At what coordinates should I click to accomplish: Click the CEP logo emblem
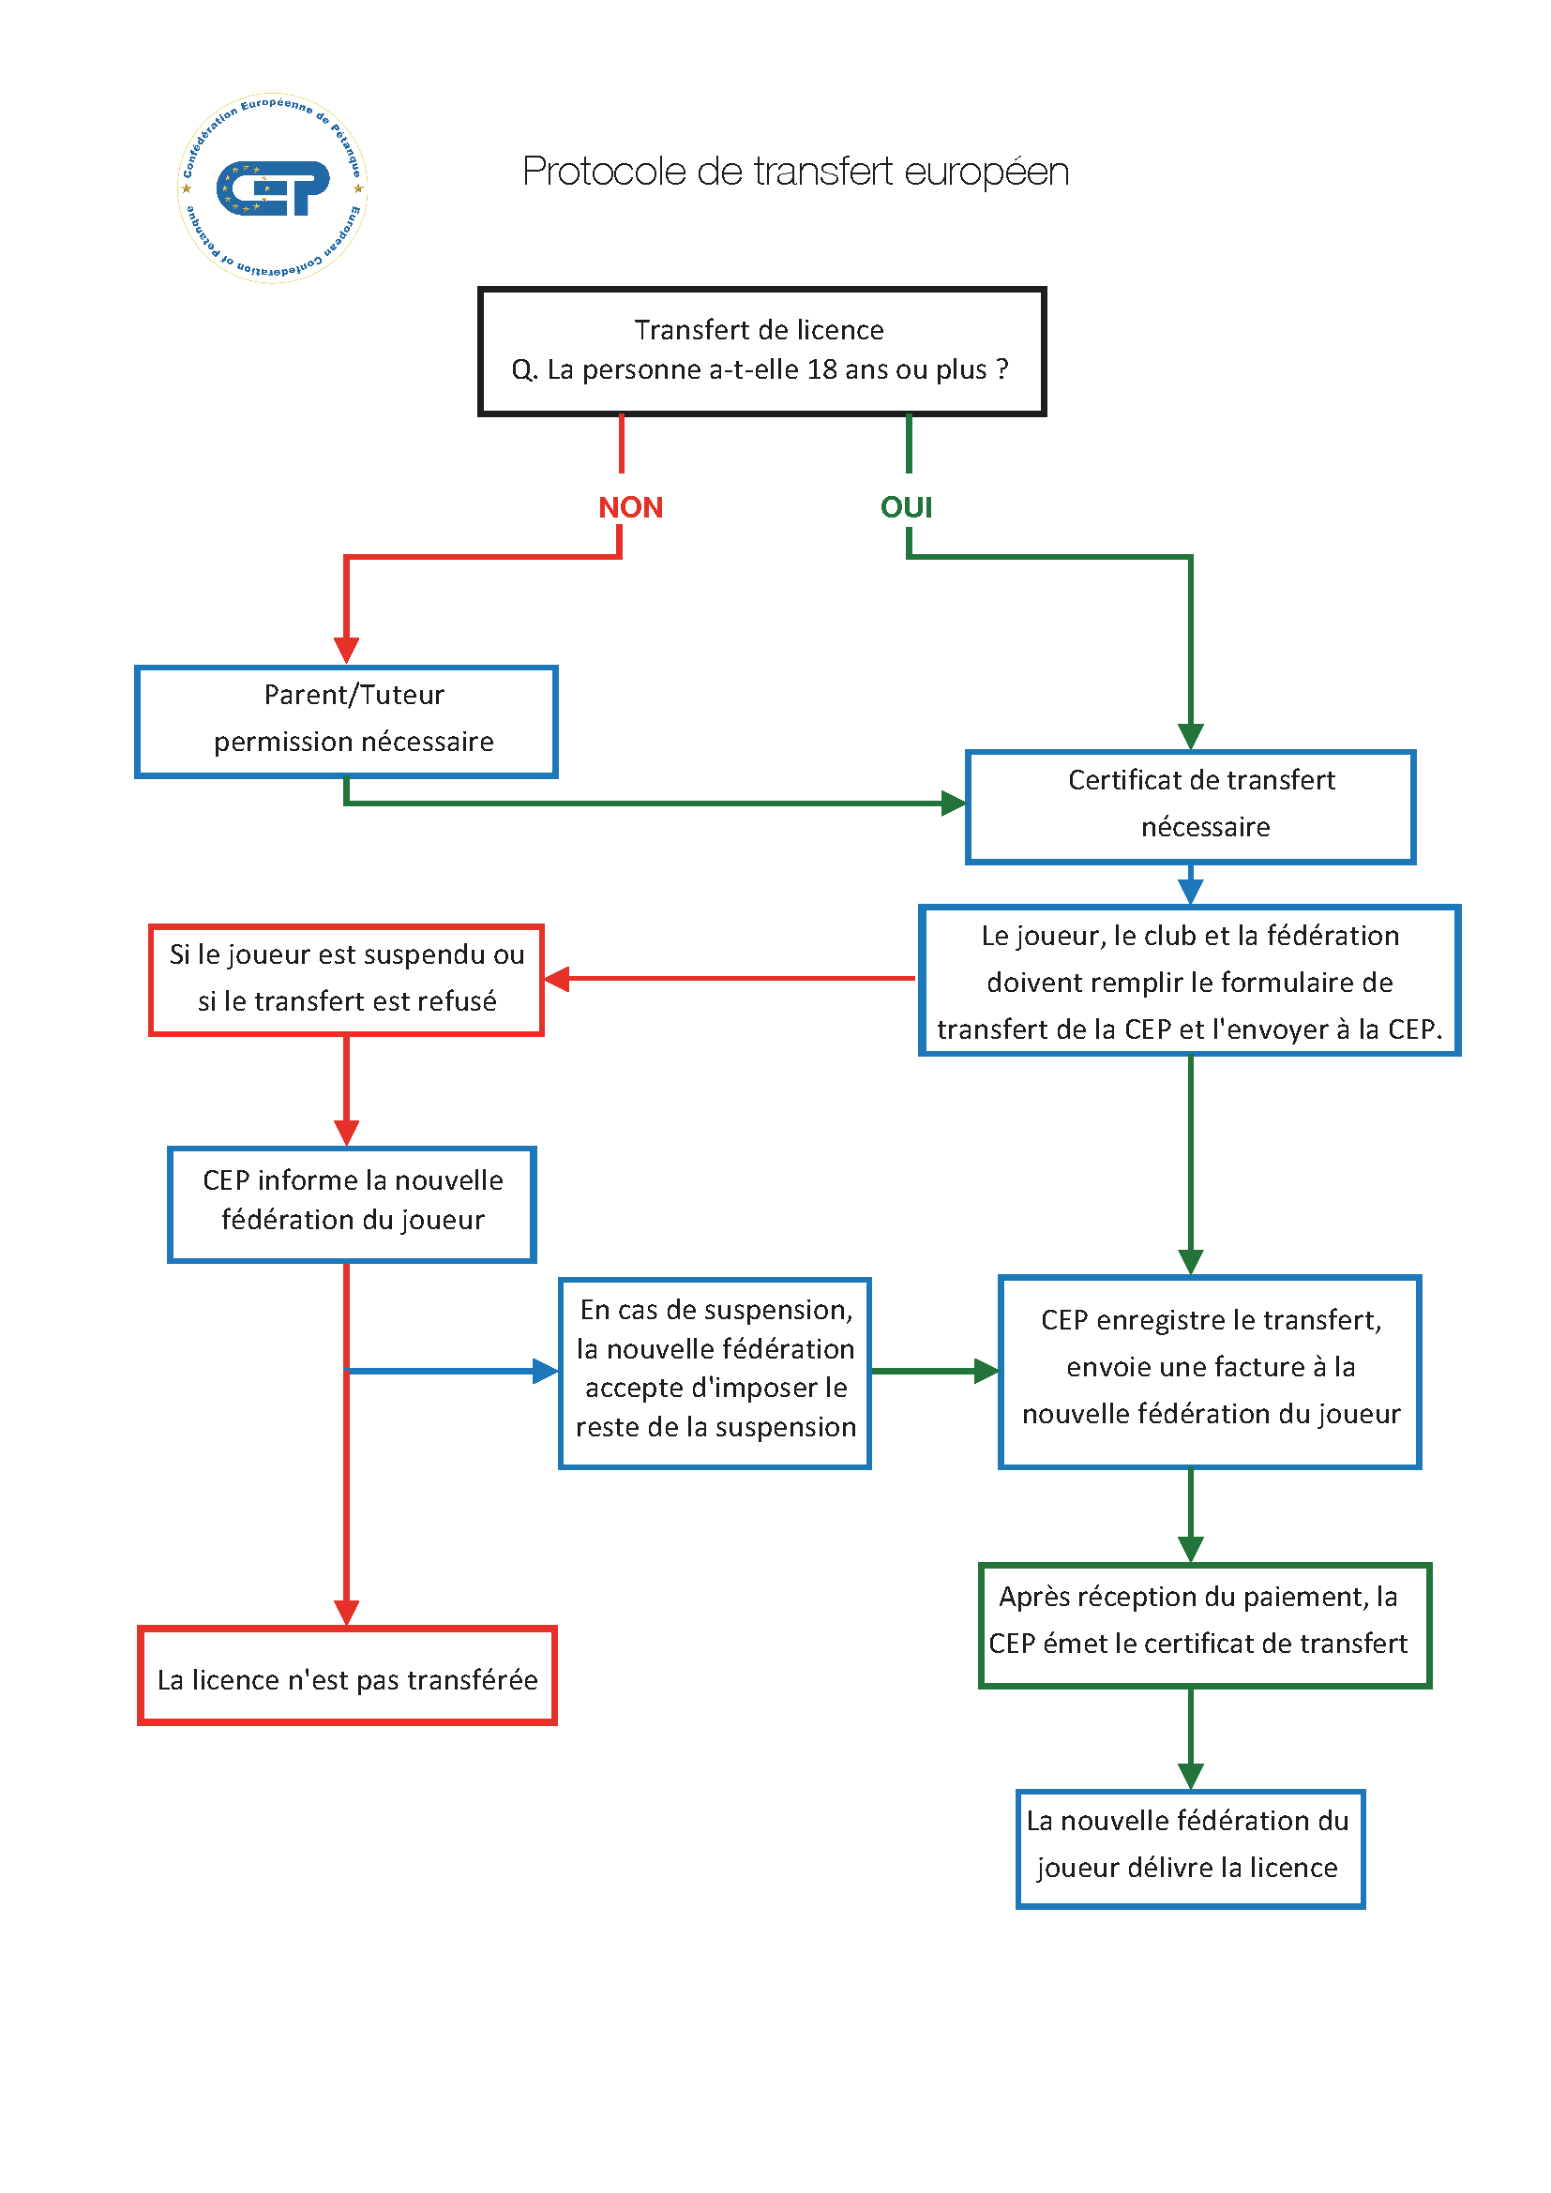273,188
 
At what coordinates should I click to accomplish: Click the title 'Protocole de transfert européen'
795,172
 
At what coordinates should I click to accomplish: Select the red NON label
630,507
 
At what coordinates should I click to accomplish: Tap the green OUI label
907,507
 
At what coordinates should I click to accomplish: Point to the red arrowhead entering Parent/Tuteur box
347,651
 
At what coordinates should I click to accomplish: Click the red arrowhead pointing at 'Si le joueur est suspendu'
557,979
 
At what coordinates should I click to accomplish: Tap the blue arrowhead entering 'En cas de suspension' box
546,1372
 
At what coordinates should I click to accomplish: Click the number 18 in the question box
821,369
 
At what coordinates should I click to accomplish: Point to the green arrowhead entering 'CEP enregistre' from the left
986,1372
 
